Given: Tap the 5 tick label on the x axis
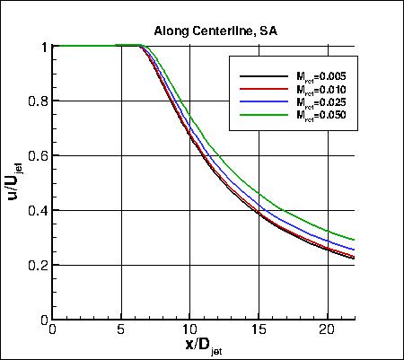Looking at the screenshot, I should (x=120, y=330).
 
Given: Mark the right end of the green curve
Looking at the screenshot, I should (x=354, y=240).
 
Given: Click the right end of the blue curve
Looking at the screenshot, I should (x=354, y=250).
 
